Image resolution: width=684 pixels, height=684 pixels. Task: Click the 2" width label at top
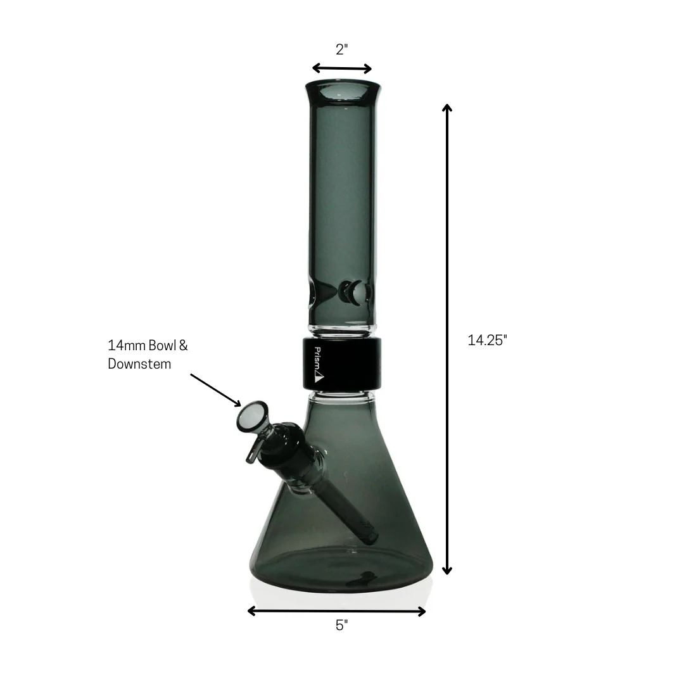(342, 50)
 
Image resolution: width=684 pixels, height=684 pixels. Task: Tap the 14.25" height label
(488, 340)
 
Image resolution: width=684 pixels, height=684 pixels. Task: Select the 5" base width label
(342, 626)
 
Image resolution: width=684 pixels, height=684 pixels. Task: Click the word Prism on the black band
(318, 358)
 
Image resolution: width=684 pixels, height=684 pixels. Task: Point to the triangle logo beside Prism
(319, 378)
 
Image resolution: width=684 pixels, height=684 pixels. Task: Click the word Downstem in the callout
(139, 364)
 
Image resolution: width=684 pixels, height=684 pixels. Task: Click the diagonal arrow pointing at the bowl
(216, 389)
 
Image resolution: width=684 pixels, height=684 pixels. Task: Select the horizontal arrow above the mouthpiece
(342, 68)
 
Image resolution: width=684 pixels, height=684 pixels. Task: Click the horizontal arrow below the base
(336, 611)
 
